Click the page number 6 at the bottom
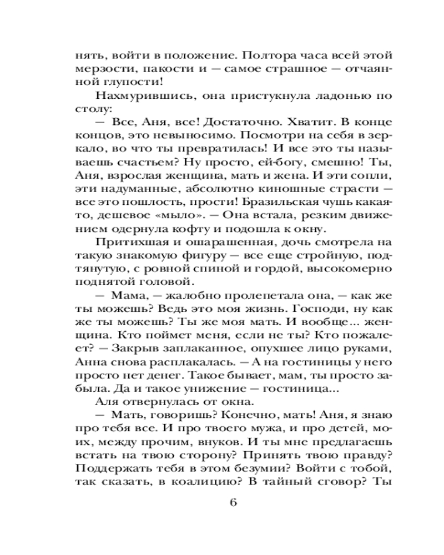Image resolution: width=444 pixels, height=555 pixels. click(x=233, y=503)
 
